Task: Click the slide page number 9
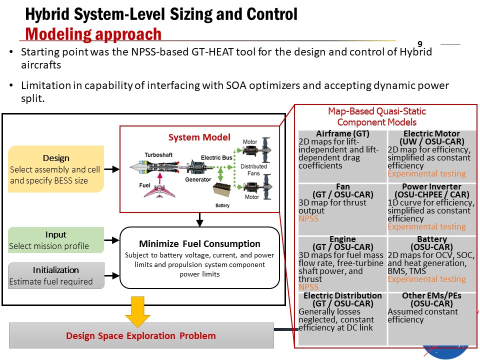(x=420, y=43)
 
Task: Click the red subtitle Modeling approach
(x=93, y=34)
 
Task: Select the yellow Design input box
(x=56, y=169)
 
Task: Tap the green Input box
(x=56, y=240)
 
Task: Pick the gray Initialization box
(x=56, y=275)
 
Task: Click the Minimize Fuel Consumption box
(x=199, y=257)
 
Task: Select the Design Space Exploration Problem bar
(x=141, y=335)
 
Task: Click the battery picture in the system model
(x=222, y=191)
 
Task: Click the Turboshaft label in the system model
(x=159, y=154)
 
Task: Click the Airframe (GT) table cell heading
(x=342, y=133)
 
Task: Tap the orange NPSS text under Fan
(x=308, y=218)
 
